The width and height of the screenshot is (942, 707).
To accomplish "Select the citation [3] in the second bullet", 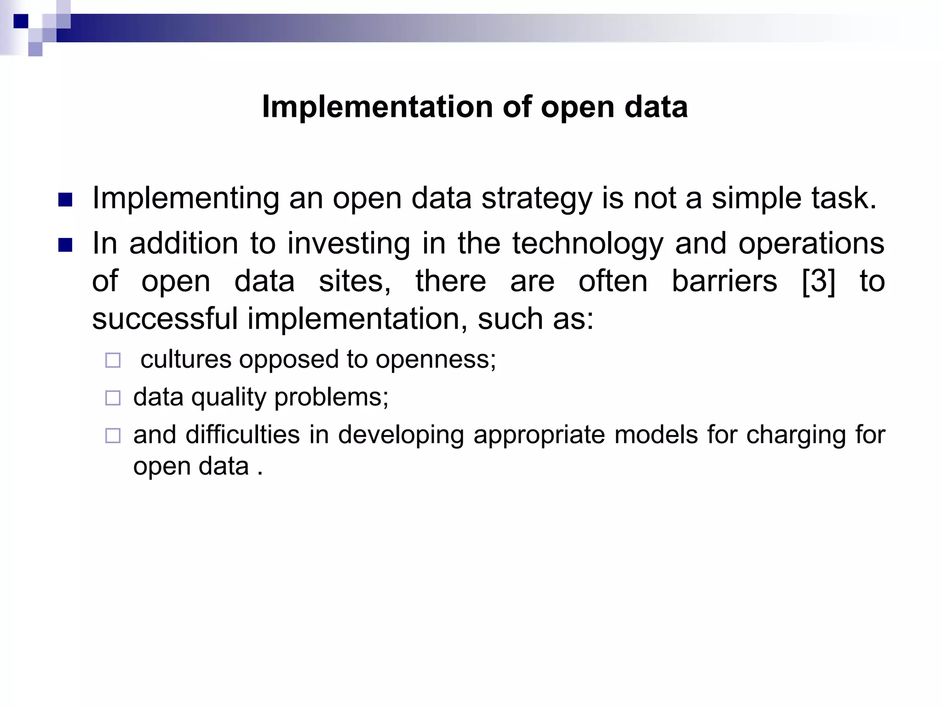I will click(x=818, y=281).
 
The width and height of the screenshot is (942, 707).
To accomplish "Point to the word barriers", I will click(x=724, y=281).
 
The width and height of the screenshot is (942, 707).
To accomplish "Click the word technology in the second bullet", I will click(x=588, y=244).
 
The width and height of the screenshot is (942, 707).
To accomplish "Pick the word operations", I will click(x=811, y=244).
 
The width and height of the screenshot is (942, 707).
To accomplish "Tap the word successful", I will click(x=165, y=319).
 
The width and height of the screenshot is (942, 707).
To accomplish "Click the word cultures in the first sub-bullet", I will click(x=186, y=359).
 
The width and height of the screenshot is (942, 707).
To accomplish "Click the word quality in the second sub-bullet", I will click(x=229, y=397).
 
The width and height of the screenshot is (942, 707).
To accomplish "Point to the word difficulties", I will click(x=242, y=435).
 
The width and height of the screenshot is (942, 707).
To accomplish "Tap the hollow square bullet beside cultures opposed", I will click(x=113, y=360).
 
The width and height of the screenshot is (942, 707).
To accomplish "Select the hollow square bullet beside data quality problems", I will click(x=113, y=398).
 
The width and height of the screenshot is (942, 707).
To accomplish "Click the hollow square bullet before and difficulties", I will click(x=113, y=435).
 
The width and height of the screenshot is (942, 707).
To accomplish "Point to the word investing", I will click(x=348, y=244).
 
